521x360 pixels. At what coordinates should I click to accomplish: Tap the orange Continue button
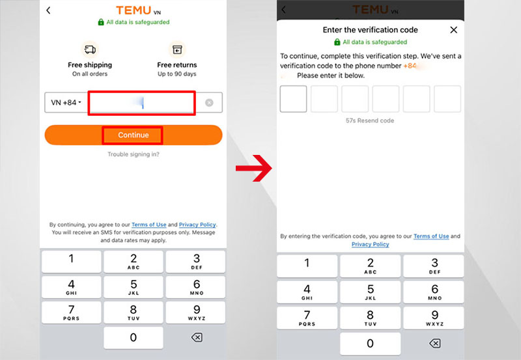tap(134, 135)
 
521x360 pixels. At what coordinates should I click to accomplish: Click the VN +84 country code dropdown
tap(66, 103)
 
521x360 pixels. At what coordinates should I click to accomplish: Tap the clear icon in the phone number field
tap(209, 103)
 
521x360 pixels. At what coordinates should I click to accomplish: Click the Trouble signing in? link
tap(134, 154)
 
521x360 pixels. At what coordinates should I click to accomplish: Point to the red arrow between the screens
tap(253, 170)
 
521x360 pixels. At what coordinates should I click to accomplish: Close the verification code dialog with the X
tap(454, 30)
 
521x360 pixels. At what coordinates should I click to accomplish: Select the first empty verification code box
tap(293, 99)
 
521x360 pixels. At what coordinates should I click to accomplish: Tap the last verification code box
tap(447, 99)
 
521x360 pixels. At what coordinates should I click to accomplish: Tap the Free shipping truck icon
tap(90, 49)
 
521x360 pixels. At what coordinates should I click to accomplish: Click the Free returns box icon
tap(176, 49)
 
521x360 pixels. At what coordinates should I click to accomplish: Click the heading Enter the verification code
tap(370, 30)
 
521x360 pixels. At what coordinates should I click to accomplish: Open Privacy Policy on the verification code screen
tap(370, 244)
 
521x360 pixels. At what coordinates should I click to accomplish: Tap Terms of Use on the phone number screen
tap(149, 225)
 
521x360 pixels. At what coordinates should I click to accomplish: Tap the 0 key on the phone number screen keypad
tap(134, 337)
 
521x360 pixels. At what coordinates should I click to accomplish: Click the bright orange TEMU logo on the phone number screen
tap(134, 10)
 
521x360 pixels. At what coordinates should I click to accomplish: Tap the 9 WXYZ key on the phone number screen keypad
tap(196, 312)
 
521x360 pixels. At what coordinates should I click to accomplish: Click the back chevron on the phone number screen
tap(48, 10)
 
